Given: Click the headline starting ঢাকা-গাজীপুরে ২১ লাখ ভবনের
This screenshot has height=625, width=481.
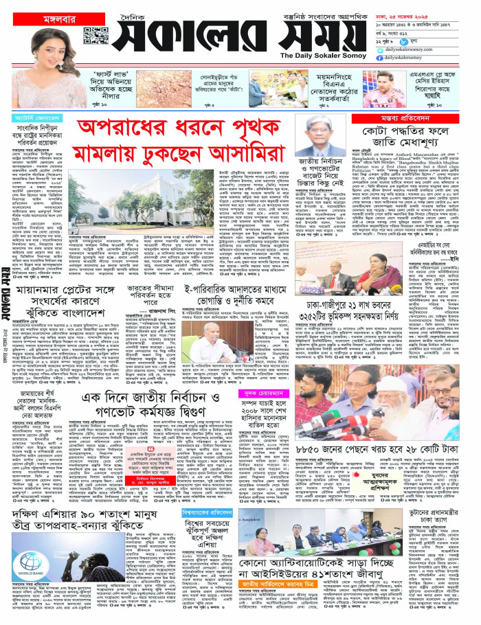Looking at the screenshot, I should pos(370,309).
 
